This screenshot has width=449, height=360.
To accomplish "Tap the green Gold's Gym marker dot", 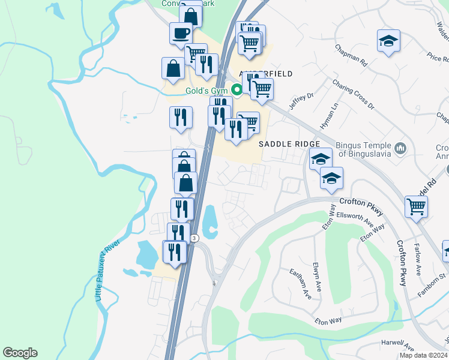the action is point(237,91).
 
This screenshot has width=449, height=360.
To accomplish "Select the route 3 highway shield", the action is point(194,238).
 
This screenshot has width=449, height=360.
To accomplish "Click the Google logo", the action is point(20,353).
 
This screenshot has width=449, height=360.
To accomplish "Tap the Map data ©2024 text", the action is point(424,355).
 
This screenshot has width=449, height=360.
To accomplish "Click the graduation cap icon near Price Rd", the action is point(388,41).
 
